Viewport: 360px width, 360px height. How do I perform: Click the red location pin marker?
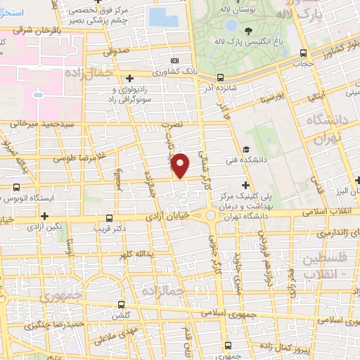(x=181, y=165)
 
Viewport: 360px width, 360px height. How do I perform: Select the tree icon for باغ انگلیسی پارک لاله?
(x=248, y=30)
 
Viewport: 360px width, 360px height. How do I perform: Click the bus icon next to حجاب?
(x=303, y=53)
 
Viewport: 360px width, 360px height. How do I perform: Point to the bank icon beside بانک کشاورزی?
(x=174, y=60)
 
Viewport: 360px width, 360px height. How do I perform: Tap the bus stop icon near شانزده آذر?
(x=221, y=78)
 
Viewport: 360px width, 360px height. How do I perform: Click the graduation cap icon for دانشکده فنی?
(x=246, y=149)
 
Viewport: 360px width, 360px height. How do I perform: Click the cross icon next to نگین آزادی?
(x=45, y=216)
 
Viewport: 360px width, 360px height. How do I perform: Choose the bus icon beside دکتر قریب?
(x=108, y=218)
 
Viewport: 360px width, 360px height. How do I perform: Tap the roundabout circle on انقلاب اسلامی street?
(x=210, y=215)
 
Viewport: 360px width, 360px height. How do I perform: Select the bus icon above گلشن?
(x=122, y=305)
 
